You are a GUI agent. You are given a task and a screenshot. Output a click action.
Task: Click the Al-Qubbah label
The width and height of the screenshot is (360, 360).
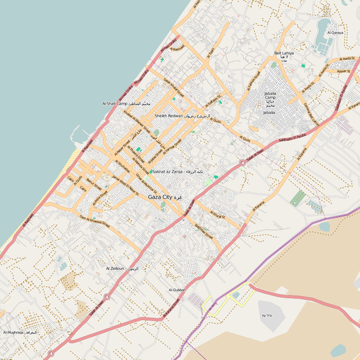coord(177,290)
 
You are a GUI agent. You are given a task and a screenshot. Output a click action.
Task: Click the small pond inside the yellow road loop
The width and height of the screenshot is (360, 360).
coord(235,295)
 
